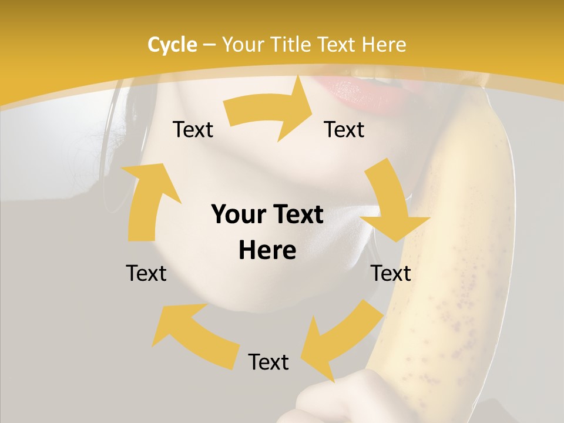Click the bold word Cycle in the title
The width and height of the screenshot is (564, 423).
coord(172,45)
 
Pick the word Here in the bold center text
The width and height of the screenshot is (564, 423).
coord(267,251)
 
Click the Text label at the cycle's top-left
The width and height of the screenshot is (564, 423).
coord(193,129)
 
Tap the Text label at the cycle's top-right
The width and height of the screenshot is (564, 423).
coord(344,129)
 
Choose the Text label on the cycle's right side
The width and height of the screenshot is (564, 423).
coord(391,273)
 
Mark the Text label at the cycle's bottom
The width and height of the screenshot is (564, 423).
coord(268,362)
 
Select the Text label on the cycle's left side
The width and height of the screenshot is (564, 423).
coord(146,273)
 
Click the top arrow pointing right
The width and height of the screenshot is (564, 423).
coord(270,111)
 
